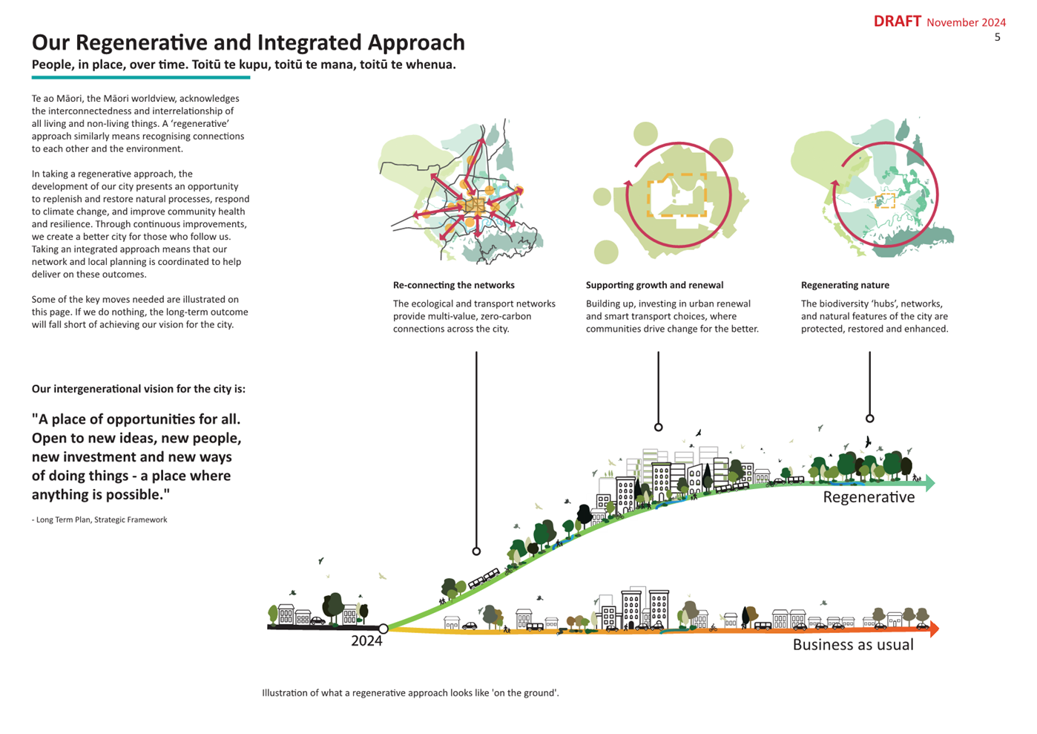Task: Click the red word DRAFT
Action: (x=898, y=22)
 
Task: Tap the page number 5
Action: (x=997, y=38)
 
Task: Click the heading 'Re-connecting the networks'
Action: (x=454, y=285)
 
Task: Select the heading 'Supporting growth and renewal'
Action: (x=654, y=285)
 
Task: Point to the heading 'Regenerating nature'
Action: (x=845, y=285)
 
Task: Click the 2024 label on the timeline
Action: (x=366, y=641)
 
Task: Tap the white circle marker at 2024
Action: (x=383, y=629)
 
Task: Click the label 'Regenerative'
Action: (x=869, y=497)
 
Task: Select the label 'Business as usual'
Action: (x=853, y=645)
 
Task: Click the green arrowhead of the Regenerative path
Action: (x=929, y=483)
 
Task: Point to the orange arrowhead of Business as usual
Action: (x=934, y=629)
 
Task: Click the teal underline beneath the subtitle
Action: (x=141, y=77)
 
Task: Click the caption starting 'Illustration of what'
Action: (x=410, y=692)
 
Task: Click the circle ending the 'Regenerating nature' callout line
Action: (x=870, y=419)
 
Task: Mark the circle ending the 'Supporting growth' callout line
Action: (x=658, y=427)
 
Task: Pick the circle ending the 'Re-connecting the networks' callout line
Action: (x=476, y=551)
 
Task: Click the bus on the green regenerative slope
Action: (x=484, y=578)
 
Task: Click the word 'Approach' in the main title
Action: (x=416, y=42)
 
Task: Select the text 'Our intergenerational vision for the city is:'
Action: (x=139, y=389)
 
